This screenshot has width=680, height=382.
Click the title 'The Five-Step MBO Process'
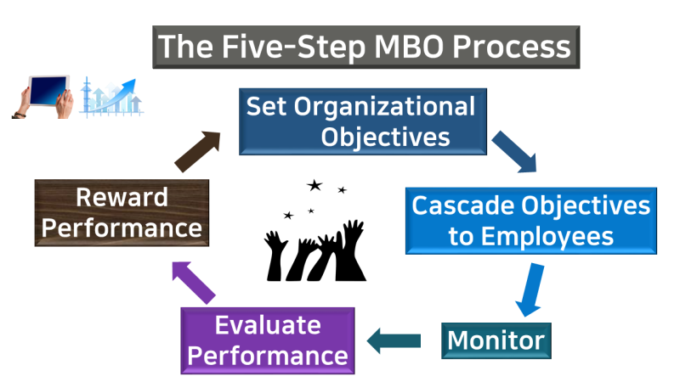tap(365, 47)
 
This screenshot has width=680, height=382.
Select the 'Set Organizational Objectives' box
tap(361, 121)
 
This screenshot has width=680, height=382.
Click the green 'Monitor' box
tap(496, 340)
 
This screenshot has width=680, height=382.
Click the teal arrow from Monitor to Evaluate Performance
tap(394, 341)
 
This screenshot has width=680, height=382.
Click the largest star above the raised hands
tap(314, 185)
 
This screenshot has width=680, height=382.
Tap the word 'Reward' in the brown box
tap(121, 197)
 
